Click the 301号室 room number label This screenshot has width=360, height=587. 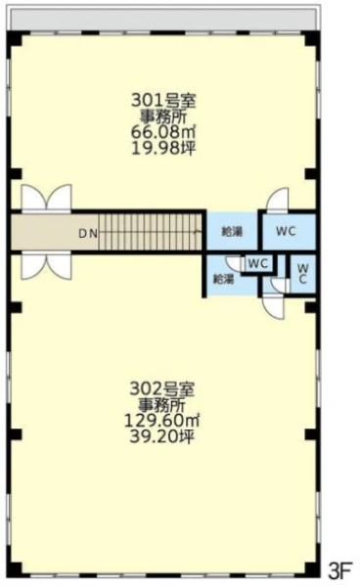163,101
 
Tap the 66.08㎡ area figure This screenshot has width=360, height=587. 163,132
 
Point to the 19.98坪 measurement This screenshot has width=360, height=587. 163,149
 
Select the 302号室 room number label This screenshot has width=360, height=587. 162,389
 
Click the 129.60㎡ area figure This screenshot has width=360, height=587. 161,421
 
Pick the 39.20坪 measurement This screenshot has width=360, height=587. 162,436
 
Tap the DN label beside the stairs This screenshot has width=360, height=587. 88,234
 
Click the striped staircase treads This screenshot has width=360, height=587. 151,231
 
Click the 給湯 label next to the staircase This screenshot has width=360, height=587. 232,232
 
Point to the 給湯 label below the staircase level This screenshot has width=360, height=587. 223,279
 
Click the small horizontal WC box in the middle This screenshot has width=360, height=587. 258,263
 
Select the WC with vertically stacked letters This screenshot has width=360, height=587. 303,274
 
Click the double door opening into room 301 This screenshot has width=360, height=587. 46,198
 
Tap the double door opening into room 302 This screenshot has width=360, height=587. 46,267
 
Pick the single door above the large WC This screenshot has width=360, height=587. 278,200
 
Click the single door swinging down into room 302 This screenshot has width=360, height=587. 274,306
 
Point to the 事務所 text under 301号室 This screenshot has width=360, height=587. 163,116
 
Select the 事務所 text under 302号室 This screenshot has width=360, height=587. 162,405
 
